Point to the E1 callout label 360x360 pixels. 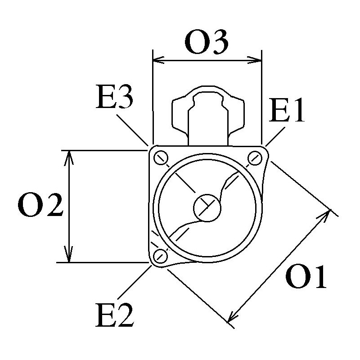pyautogui.click(x=287, y=112)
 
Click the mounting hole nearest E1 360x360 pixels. pyautogui.click(x=256, y=157)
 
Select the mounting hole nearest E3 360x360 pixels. pyautogui.click(x=160, y=157)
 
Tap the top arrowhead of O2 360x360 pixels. pyautogui.click(x=68, y=155)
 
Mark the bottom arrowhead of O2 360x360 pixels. pyautogui.click(x=68, y=257)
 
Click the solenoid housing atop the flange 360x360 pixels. pyautogui.click(x=209, y=115)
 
